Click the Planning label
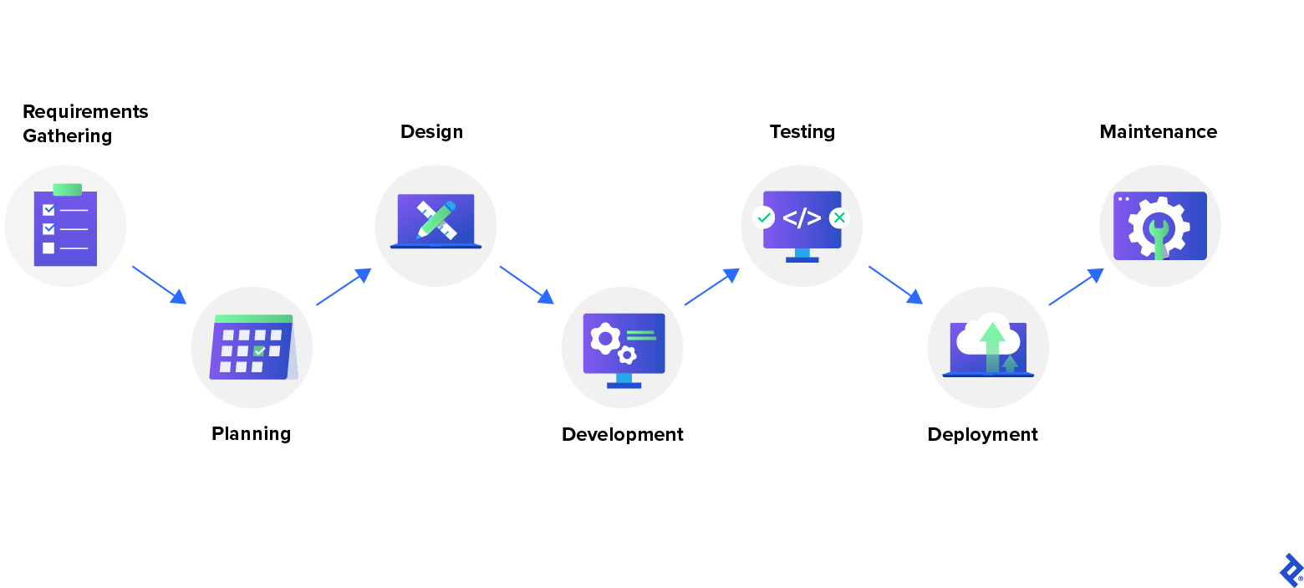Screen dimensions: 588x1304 251,433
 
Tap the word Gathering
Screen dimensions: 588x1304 67,135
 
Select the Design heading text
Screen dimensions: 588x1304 431,131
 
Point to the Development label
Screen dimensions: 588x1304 622,434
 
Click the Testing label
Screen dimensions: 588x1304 802,131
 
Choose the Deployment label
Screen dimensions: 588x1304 982,434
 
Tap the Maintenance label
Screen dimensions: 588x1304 1158,131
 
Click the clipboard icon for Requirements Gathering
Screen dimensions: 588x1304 65,226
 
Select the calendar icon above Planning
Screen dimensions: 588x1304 252,347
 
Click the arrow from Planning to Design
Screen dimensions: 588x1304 343,287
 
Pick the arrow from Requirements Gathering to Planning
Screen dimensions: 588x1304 159,284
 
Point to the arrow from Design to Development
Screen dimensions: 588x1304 527,284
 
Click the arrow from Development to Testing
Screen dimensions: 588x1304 711,287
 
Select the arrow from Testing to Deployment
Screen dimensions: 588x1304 895,284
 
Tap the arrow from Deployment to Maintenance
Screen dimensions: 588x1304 1076,287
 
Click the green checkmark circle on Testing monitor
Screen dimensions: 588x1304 763,217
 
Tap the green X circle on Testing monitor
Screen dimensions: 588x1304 839,217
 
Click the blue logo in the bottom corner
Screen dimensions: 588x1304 1291,570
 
